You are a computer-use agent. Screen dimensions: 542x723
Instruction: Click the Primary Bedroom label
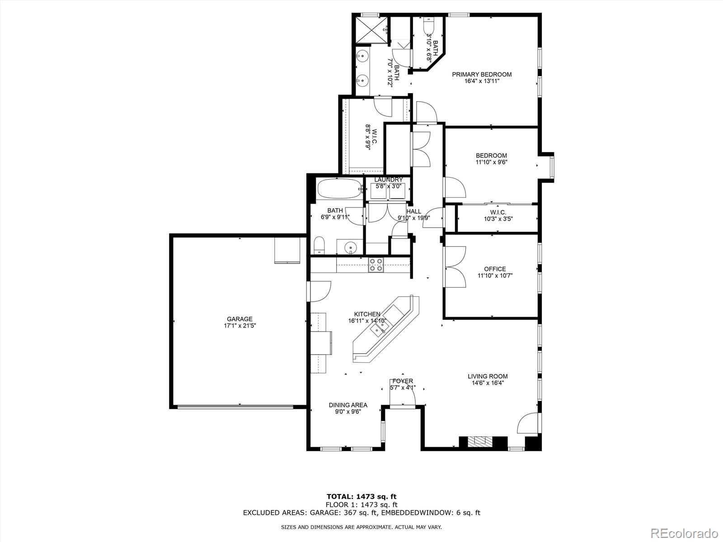pyautogui.click(x=482, y=75)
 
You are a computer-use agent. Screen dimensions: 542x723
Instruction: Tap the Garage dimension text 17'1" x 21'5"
pyautogui.click(x=239, y=325)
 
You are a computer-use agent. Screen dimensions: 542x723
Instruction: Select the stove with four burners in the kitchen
pyautogui.click(x=376, y=265)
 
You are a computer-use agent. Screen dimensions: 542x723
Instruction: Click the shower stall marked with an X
pyautogui.click(x=371, y=30)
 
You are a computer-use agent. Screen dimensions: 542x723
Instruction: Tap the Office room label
pyautogui.click(x=495, y=269)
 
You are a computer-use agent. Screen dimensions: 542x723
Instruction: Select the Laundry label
pyautogui.click(x=388, y=180)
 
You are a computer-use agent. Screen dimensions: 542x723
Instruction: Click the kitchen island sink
pyautogui.click(x=377, y=330)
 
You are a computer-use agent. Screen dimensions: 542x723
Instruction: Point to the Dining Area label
pyautogui.click(x=347, y=405)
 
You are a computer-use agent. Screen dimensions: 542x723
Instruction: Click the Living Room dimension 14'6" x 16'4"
pyautogui.click(x=487, y=383)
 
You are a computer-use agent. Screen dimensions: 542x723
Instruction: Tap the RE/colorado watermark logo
pyautogui.click(x=686, y=531)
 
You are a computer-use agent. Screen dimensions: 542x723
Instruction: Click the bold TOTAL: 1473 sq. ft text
pyautogui.click(x=361, y=497)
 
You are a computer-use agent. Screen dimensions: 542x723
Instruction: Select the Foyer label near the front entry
pyautogui.click(x=402, y=381)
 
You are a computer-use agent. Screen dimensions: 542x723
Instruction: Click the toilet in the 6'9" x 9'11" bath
pyautogui.click(x=319, y=245)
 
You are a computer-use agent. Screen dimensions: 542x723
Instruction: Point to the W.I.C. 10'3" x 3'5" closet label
pyautogui.click(x=498, y=212)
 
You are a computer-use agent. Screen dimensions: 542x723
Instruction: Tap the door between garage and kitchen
pyautogui.click(x=319, y=291)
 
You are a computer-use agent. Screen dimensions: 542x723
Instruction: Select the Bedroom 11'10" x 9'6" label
pyautogui.click(x=491, y=155)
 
